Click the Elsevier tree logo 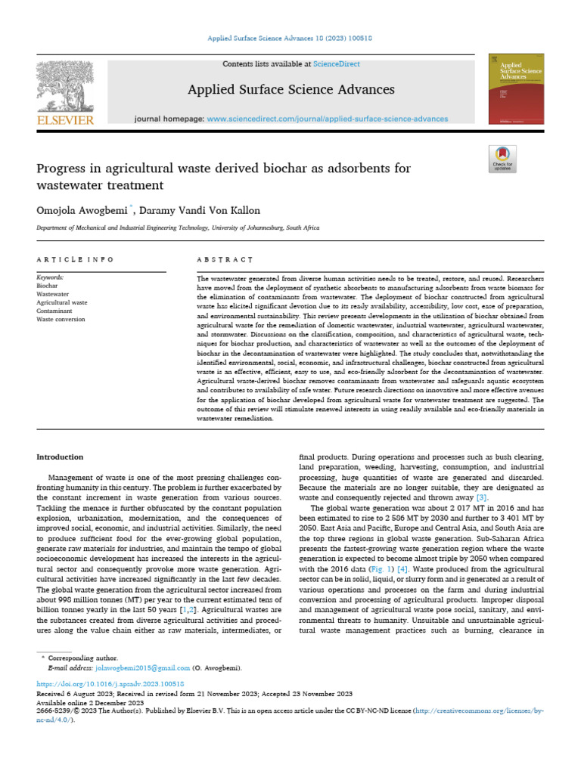click(64, 85)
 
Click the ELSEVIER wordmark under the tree click(65, 120)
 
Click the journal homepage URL click(327, 119)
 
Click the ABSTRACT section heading click(225, 259)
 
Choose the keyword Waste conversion click(61, 320)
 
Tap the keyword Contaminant click(55, 311)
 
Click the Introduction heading click(61, 457)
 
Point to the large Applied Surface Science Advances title click(290, 90)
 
